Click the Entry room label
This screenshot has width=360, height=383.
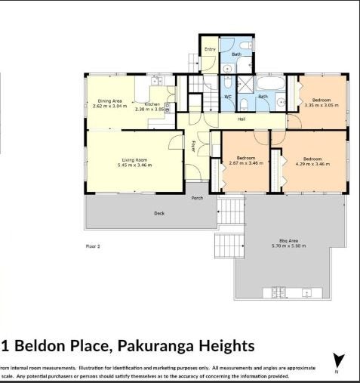(210, 49)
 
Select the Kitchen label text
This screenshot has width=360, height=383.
(151, 105)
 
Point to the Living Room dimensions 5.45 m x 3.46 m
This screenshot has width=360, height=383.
(134, 165)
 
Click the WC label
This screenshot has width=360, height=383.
(227, 97)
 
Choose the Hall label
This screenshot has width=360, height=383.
(242, 119)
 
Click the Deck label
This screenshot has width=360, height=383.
(159, 213)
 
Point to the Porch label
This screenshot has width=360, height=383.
(197, 198)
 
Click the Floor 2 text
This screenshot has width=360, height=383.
(93, 246)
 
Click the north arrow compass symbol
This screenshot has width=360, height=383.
(338, 361)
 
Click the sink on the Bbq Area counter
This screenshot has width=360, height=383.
(307, 292)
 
